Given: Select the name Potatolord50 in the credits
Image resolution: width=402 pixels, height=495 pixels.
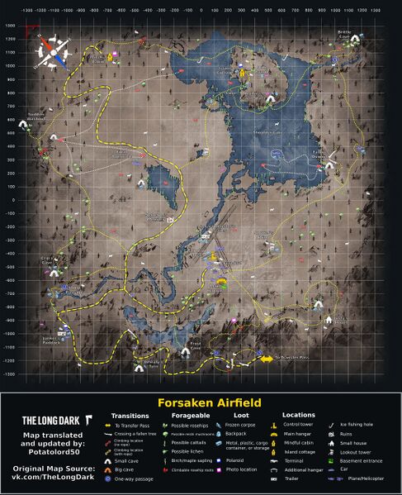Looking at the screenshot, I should [x=54, y=450].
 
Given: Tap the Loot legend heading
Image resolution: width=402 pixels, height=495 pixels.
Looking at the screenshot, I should [x=242, y=415].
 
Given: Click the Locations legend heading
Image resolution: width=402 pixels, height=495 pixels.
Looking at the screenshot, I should [x=299, y=415].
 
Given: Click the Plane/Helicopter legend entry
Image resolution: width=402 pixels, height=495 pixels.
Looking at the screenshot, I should [x=367, y=478].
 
